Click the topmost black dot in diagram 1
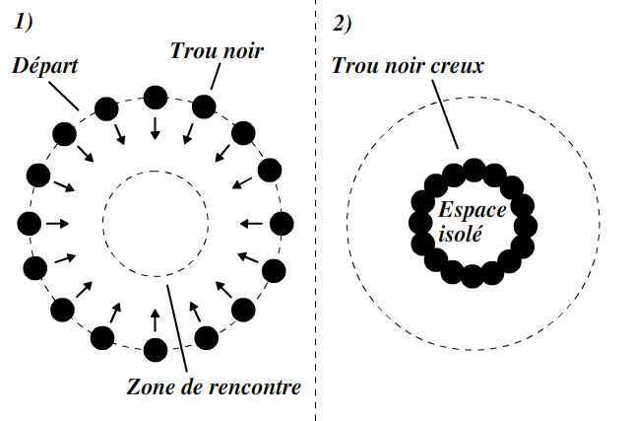(x=156, y=97)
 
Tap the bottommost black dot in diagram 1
(x=156, y=348)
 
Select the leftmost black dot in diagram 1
(x=29, y=222)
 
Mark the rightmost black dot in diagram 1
(x=282, y=223)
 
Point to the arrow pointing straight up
(x=156, y=317)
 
